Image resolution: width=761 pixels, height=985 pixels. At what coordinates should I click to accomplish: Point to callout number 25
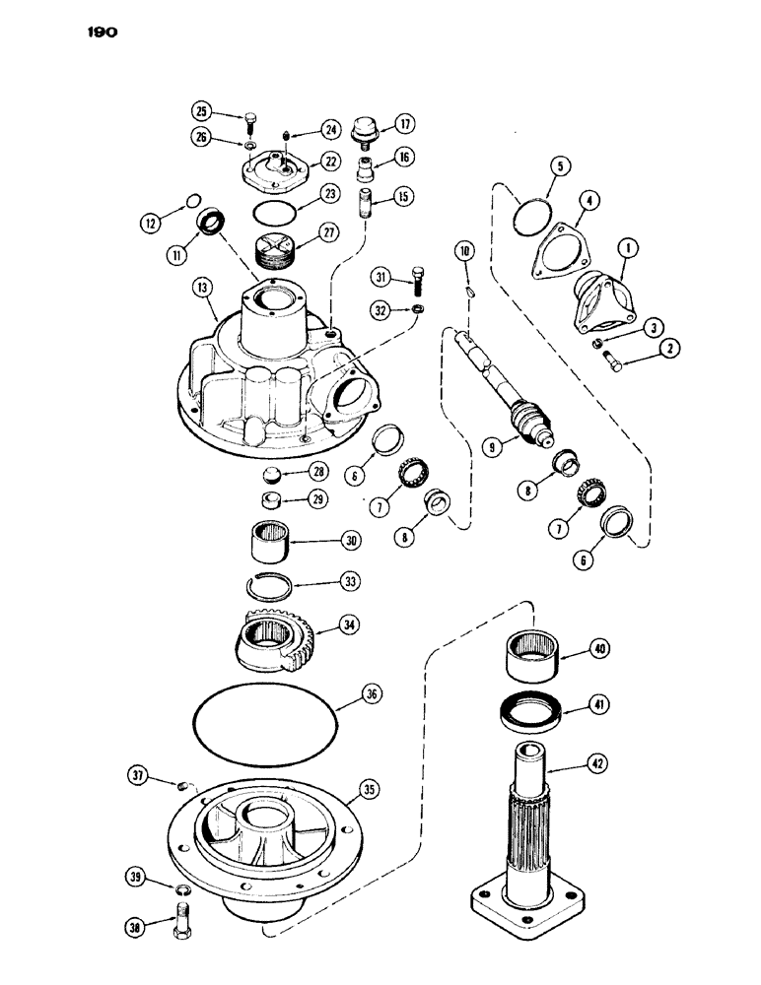coord(201,110)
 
